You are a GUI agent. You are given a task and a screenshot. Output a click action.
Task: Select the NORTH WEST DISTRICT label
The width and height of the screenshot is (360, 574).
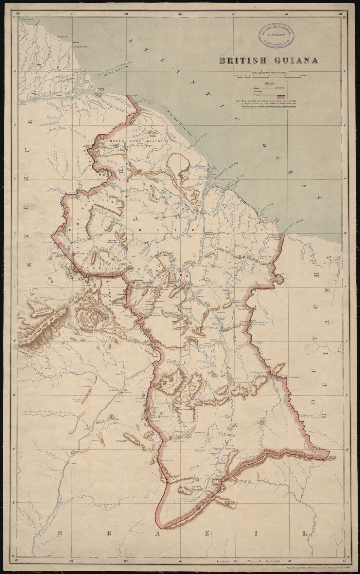click(x=139, y=141)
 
